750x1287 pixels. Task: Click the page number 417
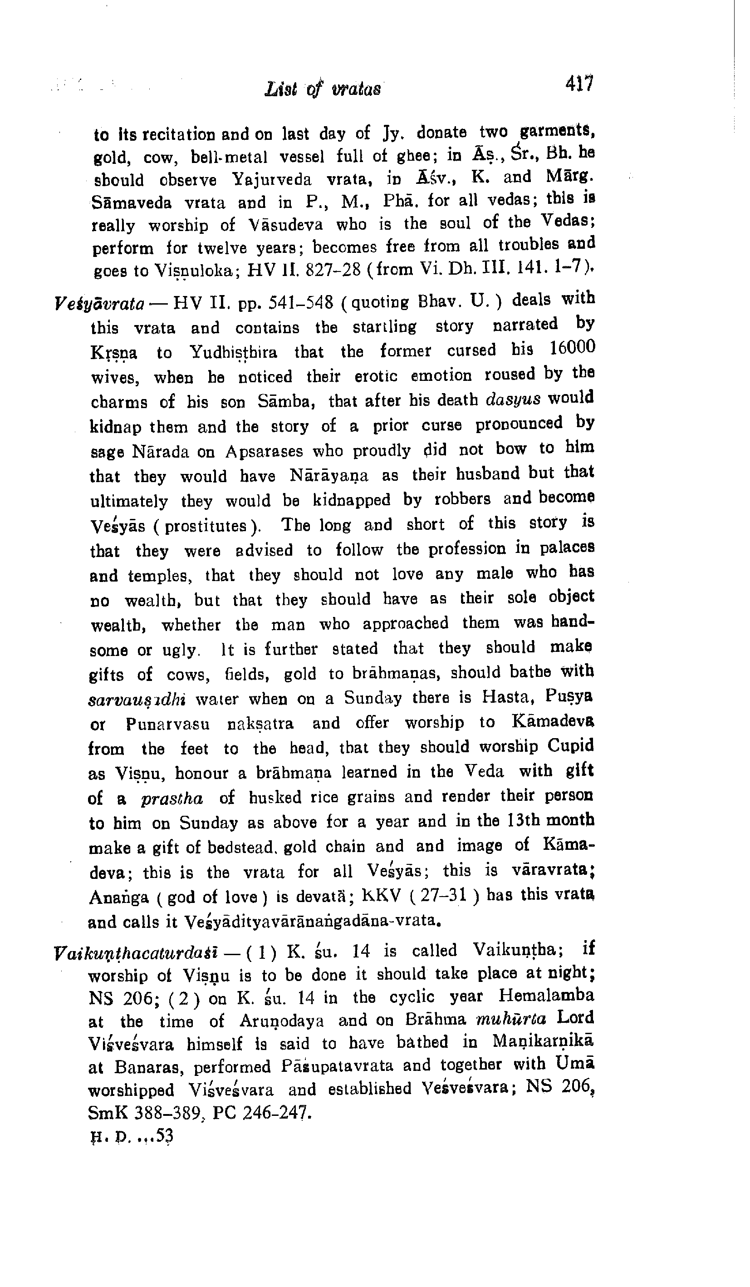[579, 83]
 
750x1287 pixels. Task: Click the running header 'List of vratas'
[323, 90]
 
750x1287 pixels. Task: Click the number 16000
[572, 348]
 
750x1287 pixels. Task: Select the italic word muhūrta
[510, 1020]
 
